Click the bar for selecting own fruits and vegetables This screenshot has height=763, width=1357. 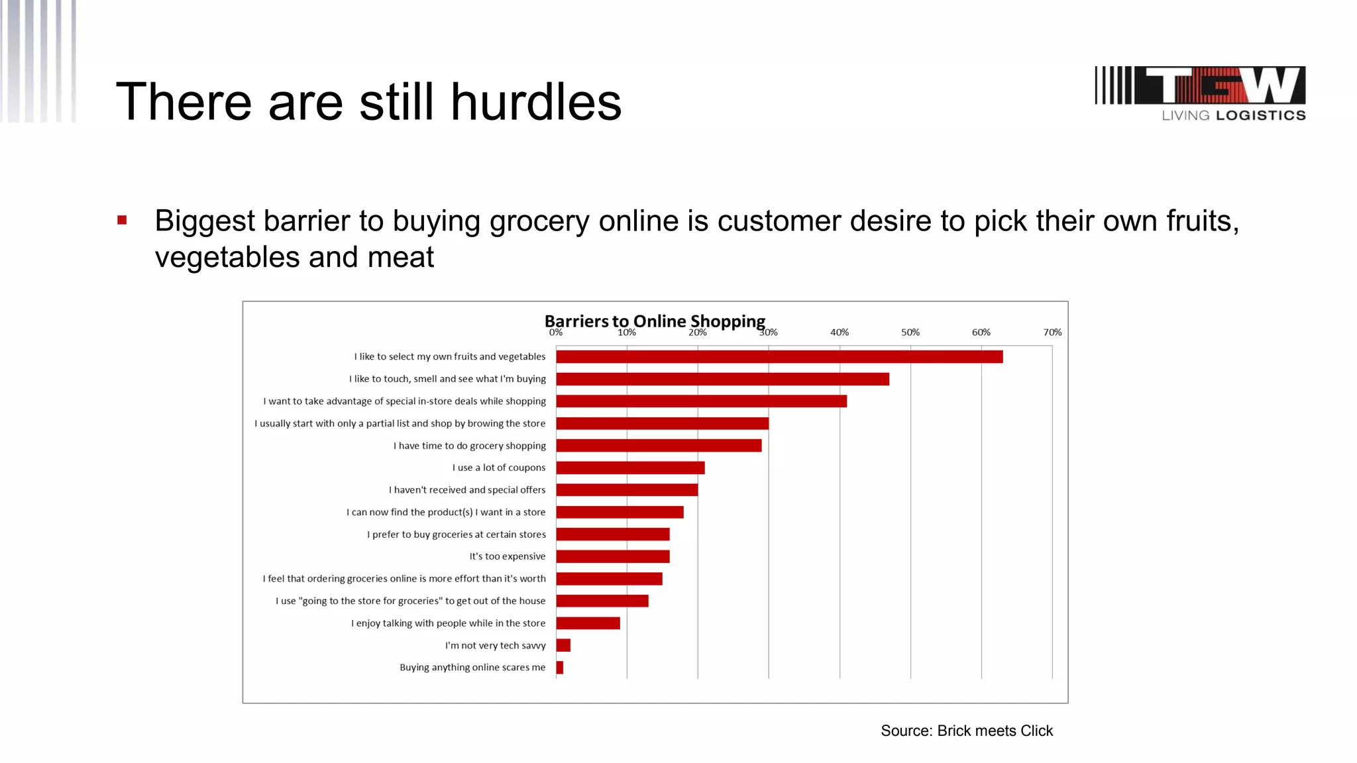779,357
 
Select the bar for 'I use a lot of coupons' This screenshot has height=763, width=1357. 630,468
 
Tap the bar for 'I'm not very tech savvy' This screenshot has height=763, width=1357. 563,645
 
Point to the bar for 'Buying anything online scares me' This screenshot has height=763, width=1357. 560,668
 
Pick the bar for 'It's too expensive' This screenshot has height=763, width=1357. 613,556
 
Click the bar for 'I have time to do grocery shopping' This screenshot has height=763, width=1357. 659,446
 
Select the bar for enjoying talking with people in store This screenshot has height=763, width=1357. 588,623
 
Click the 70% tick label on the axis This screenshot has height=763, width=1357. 1052,332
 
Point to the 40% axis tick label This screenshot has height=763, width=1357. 840,332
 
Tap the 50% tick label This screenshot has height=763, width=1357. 910,332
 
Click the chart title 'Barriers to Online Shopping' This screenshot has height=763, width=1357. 655,321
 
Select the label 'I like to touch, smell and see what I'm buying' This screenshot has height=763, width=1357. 447,379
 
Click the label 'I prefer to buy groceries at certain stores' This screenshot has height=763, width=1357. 457,534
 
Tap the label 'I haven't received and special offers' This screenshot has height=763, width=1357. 467,490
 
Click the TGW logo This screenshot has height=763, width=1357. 1200,85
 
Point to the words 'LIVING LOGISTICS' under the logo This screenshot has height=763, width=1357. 1234,115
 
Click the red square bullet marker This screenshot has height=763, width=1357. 122,221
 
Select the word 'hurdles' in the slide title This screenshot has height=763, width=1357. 536,102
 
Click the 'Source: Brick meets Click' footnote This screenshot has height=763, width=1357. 966,731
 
